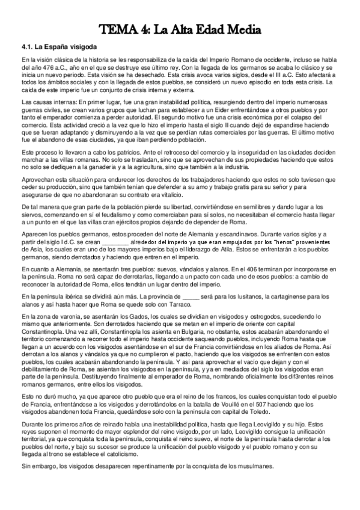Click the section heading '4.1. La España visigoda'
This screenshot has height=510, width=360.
[54, 46]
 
